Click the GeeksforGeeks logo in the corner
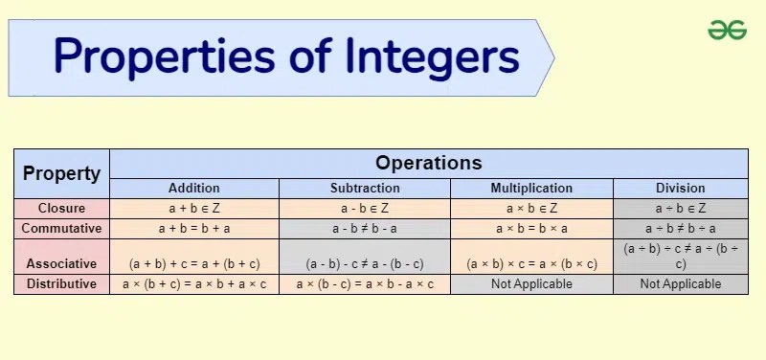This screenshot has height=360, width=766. (727, 31)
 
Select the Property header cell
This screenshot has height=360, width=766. (61, 173)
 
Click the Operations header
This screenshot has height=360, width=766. (428, 163)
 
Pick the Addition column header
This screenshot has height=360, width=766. (194, 188)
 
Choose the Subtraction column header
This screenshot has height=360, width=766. (365, 188)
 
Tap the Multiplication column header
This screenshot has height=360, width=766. (531, 188)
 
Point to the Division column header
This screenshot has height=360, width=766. (681, 188)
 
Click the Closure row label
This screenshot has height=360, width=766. (61, 208)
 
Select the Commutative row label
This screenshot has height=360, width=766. (61, 229)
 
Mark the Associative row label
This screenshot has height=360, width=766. (61, 263)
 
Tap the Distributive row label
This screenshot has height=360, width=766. (61, 284)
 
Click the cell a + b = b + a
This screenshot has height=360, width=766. (194, 229)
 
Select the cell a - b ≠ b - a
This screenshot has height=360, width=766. (365, 229)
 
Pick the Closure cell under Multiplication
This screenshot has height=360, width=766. (531, 208)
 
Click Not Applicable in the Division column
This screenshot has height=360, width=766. (681, 284)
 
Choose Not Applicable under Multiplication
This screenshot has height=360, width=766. (531, 284)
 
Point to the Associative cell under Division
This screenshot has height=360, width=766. (681, 256)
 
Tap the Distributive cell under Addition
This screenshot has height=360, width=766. (194, 284)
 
